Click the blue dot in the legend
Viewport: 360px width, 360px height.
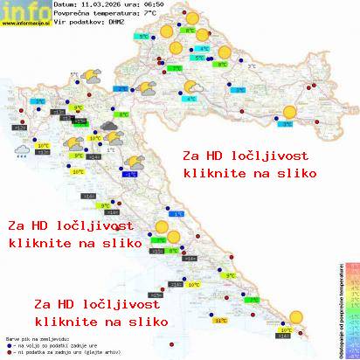pyautogui.click(x=8, y=343)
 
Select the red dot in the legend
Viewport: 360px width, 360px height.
pyautogui.click(x=8, y=350)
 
